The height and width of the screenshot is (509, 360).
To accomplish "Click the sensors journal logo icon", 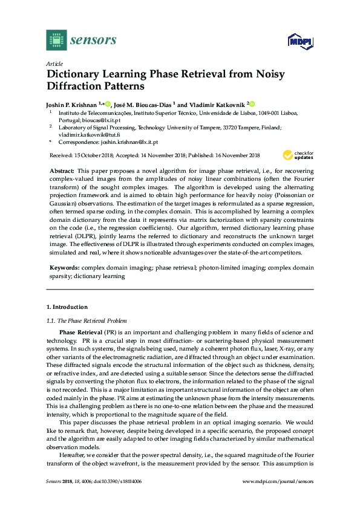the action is point(56,40).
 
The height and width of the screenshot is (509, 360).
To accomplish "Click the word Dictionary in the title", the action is point(76,75).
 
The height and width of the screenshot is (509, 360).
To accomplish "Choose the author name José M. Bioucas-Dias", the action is point(147,104).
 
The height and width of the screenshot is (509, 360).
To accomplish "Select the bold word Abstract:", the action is point(62,172).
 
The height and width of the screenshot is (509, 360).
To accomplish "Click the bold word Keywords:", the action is point(64,267).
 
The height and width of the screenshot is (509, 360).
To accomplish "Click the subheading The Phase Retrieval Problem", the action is point(93,320).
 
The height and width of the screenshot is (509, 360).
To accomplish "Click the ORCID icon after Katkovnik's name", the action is point(252,104).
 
